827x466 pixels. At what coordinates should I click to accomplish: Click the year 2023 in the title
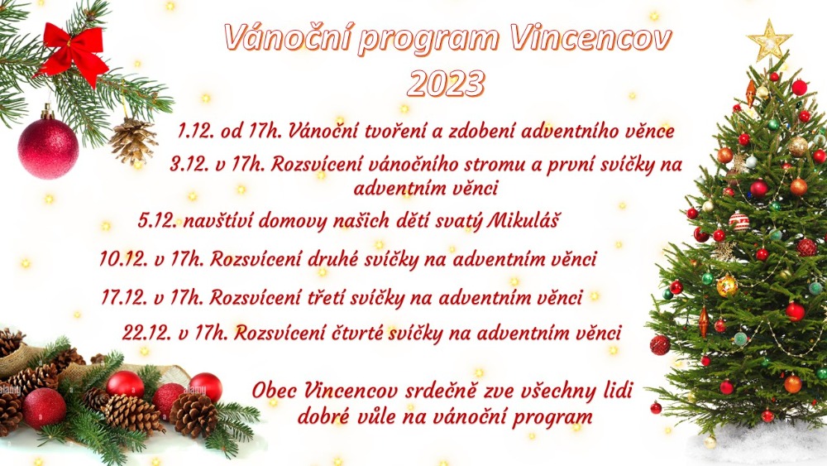click(x=446, y=84)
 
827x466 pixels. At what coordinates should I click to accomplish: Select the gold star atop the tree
click(x=769, y=41)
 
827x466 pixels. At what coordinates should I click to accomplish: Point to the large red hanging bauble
click(x=48, y=148)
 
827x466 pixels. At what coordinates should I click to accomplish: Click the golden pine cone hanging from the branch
click(x=133, y=141)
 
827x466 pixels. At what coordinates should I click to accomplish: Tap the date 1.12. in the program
click(x=195, y=132)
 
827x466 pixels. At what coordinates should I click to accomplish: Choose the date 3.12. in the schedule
click(x=189, y=165)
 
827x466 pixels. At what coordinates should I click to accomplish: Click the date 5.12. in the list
click(x=157, y=220)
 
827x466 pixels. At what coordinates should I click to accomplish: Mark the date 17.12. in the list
click(x=124, y=298)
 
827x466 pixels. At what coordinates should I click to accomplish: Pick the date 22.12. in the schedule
click(x=147, y=333)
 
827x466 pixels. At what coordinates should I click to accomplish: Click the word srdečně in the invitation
click(x=442, y=391)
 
